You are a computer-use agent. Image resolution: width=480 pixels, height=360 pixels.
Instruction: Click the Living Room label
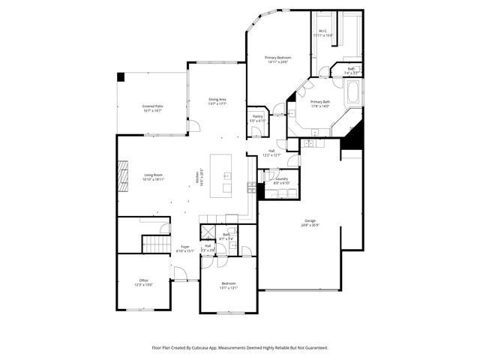tap(154, 175)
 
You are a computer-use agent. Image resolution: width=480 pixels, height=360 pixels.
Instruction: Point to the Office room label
tap(143, 280)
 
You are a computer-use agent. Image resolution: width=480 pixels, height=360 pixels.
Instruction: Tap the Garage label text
tap(310, 220)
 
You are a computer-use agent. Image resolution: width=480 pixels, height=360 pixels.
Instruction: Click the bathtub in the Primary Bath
tap(353, 95)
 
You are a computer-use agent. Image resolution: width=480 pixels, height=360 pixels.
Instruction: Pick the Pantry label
tap(257, 116)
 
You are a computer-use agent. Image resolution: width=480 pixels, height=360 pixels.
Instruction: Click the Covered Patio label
tap(153, 106)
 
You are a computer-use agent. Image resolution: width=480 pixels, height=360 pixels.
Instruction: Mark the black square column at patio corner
tap(121, 76)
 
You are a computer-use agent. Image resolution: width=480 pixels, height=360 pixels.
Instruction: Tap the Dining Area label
tap(217, 99)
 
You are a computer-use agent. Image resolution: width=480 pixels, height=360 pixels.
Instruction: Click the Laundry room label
tap(281, 179)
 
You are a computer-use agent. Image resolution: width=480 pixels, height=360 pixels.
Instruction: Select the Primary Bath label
tap(321, 102)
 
